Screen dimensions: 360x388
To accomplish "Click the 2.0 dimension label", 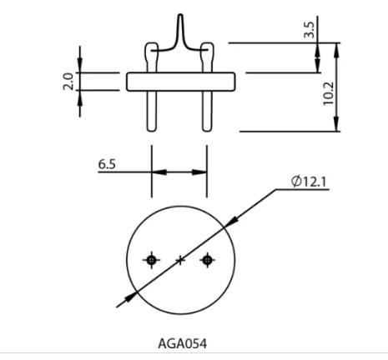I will (x=68, y=82).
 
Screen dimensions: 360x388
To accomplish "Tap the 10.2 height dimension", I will (x=328, y=92).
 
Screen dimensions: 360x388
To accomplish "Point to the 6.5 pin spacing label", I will (x=107, y=165).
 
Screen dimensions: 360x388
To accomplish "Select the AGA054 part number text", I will (x=181, y=343).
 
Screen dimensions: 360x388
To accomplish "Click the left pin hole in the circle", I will (x=151, y=260).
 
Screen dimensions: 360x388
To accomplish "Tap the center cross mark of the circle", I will (x=179, y=261).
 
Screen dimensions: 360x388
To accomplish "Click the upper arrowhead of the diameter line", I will (x=231, y=221).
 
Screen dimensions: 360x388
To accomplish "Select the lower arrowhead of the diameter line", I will (x=130, y=297).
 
